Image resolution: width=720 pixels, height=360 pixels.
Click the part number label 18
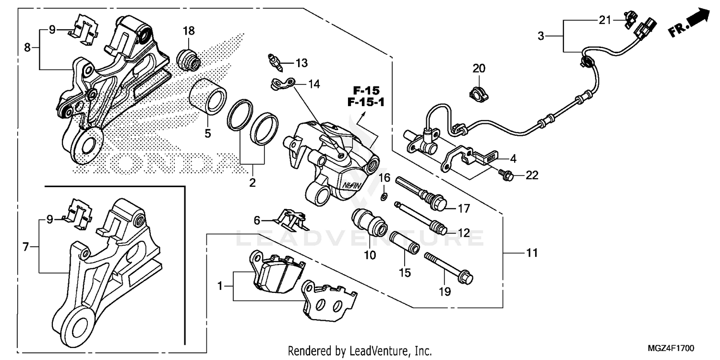(189, 31)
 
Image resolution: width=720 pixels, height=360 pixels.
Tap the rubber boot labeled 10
(370, 222)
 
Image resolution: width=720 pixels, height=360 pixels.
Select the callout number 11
(532, 252)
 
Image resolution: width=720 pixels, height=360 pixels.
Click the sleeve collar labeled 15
(405, 243)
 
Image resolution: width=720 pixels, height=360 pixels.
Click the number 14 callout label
(314, 84)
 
